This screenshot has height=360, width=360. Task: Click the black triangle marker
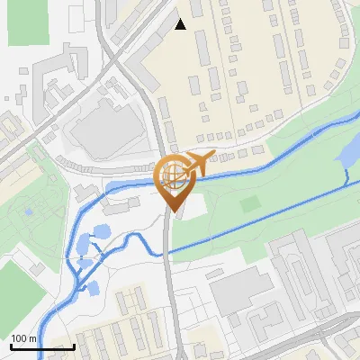click(180, 24)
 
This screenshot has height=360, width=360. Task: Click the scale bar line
click(41, 346)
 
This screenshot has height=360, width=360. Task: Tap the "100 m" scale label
click(23, 338)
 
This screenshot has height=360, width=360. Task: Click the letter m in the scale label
click(31, 338)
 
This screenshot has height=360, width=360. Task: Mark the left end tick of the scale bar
click(10, 345)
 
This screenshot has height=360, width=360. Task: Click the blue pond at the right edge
click(346, 155)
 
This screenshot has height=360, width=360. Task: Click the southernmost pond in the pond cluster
click(91, 289)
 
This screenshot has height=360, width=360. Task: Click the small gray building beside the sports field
click(36, 268)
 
